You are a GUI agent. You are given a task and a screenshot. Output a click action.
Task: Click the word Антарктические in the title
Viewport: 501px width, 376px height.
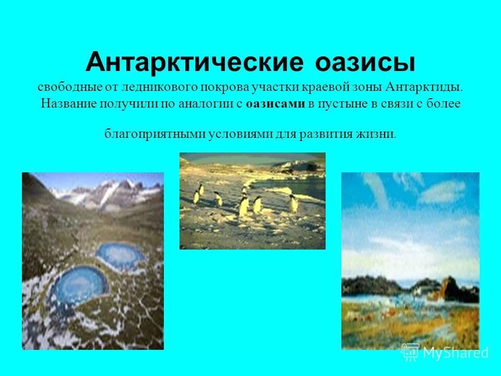(x=195, y=63)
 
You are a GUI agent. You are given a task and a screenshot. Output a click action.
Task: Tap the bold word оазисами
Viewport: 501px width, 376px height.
(x=275, y=104)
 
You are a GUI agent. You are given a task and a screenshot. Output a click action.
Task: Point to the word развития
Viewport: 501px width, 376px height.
(x=327, y=134)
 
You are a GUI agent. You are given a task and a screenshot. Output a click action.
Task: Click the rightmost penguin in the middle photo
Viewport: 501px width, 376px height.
(x=294, y=203)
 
